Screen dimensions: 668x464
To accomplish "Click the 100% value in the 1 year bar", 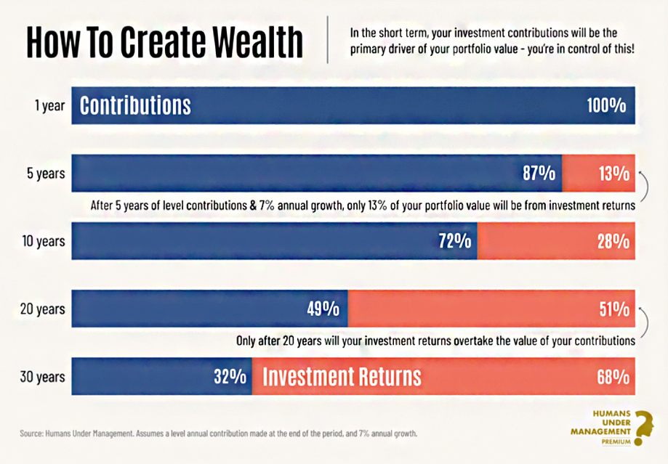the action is pyautogui.click(x=606, y=105).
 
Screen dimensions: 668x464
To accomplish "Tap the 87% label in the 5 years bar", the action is pyautogui.click(x=539, y=174).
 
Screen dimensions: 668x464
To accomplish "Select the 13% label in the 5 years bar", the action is pyautogui.click(x=614, y=174).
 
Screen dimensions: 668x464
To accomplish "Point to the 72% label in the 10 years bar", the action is pyautogui.click(x=455, y=241).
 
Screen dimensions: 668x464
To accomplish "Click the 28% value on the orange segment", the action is pyautogui.click(x=613, y=241).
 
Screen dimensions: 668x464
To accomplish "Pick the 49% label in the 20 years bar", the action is pyautogui.click(x=323, y=309).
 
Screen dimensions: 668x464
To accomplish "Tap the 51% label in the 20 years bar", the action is pyautogui.click(x=614, y=309).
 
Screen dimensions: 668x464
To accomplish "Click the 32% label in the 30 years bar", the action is pyautogui.click(x=230, y=376).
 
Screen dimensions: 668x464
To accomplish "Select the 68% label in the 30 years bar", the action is pyautogui.click(x=613, y=376).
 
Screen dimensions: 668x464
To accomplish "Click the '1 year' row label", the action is pyautogui.click(x=50, y=105).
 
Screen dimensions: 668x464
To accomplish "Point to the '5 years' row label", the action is pyautogui.click(x=46, y=174).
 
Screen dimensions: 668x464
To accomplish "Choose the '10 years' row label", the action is pyautogui.click(x=44, y=241).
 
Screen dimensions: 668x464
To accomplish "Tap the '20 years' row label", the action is pyautogui.click(x=43, y=309).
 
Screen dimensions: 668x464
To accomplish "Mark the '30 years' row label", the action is pyautogui.click(x=43, y=377).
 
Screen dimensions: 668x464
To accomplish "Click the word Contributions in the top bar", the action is pyautogui.click(x=135, y=105).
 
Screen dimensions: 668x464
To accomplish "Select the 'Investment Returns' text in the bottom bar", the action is pyautogui.click(x=342, y=376).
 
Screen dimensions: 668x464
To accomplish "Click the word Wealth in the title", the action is pyautogui.click(x=257, y=41).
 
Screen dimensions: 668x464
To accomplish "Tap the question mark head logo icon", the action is pyautogui.click(x=643, y=428).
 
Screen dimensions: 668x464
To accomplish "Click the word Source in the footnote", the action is pyautogui.click(x=31, y=434).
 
